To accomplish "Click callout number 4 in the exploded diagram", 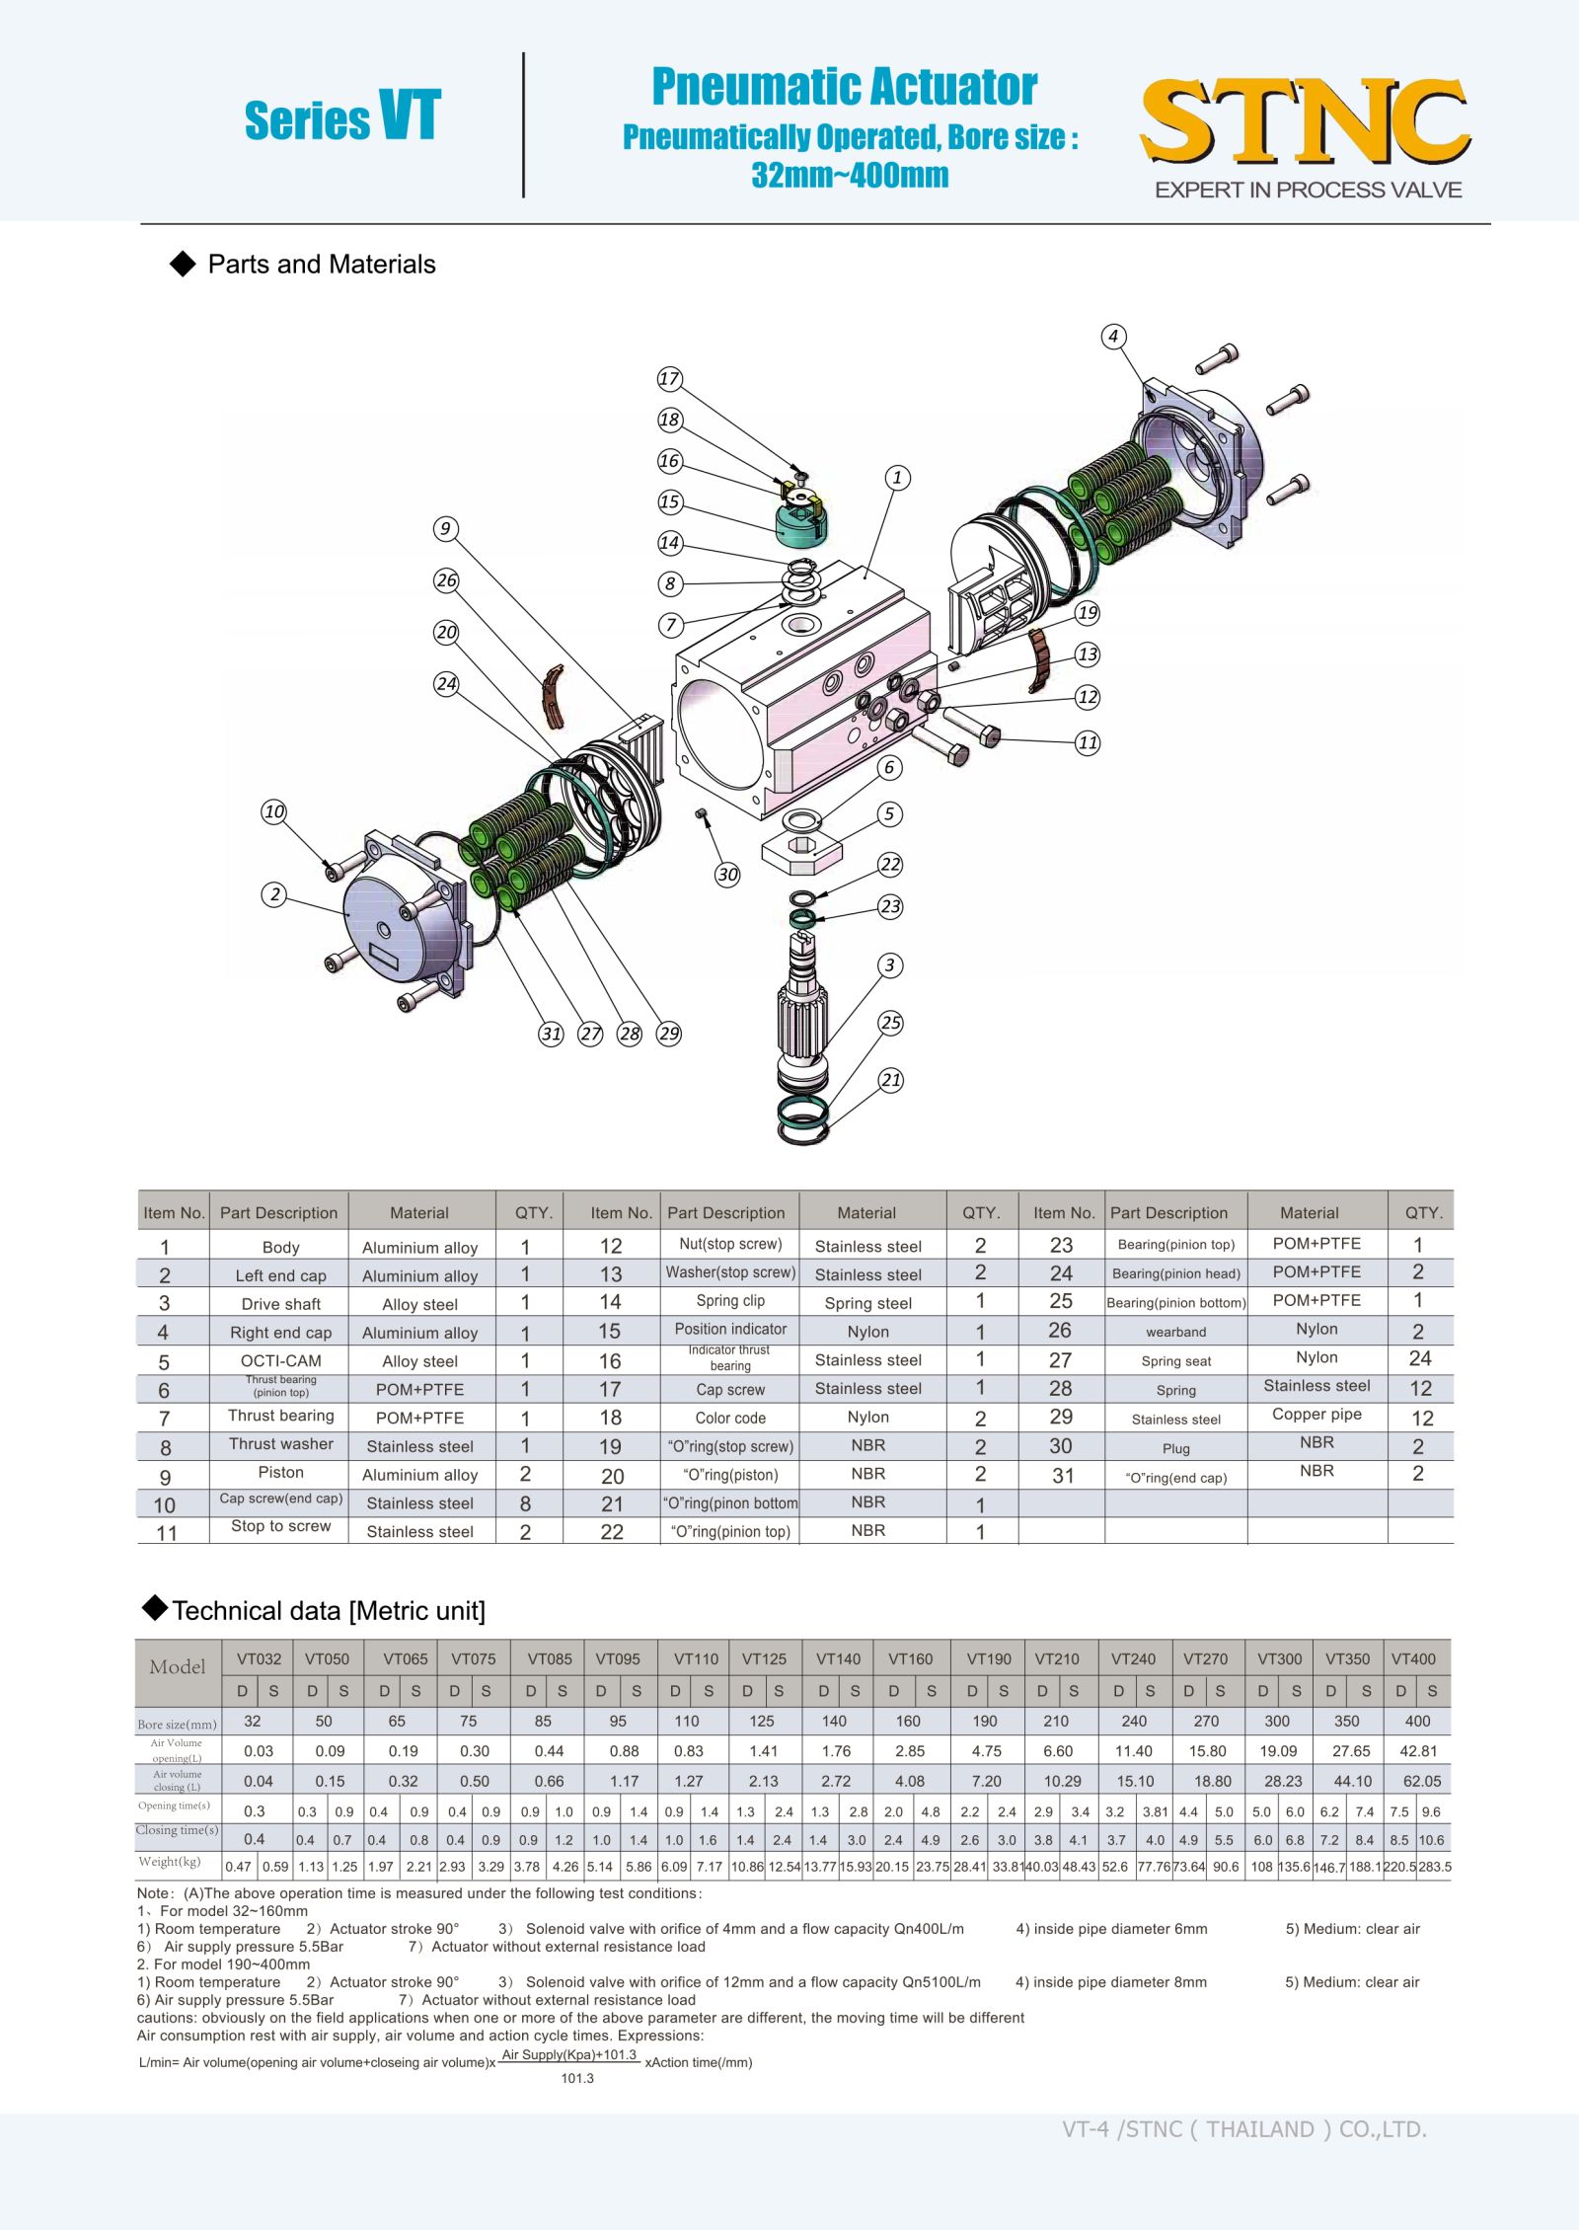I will point(1113,337).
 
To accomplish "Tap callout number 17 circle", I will point(669,379).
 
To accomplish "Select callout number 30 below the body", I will point(727,875).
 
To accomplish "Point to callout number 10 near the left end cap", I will point(273,812).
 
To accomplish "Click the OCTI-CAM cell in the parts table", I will point(280,1360).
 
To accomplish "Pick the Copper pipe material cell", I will point(1316,1414).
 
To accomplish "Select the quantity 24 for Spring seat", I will point(1419,1358).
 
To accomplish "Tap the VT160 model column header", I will point(910,1658).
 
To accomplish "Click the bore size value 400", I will point(1417,1721).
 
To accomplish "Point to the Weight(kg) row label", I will point(170,1861).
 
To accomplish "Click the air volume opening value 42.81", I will point(1418,1750).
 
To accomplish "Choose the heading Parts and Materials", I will point(322,265).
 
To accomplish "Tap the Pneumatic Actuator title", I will point(845,87).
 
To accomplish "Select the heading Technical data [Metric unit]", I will point(329,1611).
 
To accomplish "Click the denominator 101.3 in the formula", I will point(577,2078).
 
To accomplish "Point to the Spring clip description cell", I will point(730,1301).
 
